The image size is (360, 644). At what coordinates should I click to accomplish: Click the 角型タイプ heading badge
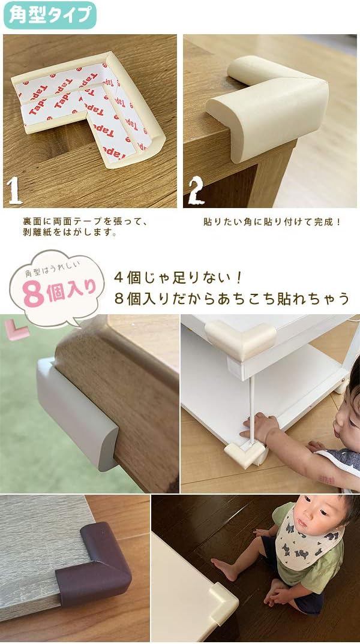49,14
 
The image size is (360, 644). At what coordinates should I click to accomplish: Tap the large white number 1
15,191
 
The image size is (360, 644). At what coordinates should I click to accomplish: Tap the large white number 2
196,191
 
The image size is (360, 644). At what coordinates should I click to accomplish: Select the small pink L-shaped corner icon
17,329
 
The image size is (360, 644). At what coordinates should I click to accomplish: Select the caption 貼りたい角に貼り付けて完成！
272,221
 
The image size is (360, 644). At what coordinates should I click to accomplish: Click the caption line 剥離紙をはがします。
69,233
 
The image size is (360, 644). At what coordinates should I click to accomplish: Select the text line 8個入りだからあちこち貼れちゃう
231,298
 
